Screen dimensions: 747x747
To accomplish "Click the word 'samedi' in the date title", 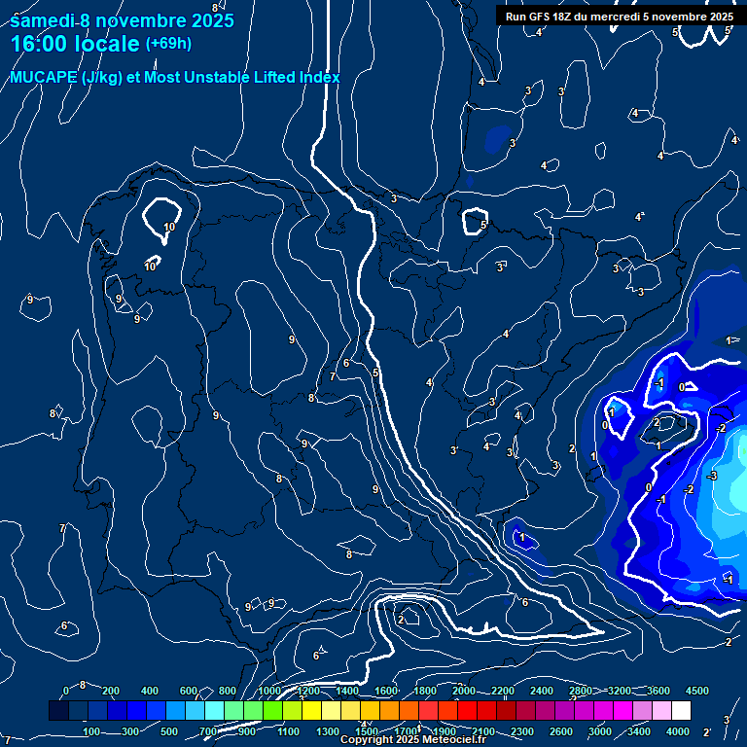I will click(x=42, y=20).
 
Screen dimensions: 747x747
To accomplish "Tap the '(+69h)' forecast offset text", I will click(x=168, y=44).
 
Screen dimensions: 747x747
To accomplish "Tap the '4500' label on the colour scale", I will click(x=697, y=691).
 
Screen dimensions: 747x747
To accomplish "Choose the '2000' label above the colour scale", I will click(x=464, y=691).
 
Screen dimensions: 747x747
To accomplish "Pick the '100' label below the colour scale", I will click(x=92, y=731).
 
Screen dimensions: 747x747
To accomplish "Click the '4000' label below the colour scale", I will click(x=678, y=731).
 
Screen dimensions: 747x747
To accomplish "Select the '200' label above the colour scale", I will click(x=111, y=691).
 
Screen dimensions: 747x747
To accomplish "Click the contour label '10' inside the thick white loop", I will click(x=169, y=227).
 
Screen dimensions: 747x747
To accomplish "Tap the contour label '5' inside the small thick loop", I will click(x=482, y=225).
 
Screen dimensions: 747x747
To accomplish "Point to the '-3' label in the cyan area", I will click(x=712, y=476).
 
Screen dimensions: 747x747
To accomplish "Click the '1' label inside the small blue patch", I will click(x=522, y=537).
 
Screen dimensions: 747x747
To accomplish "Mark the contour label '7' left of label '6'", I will click(x=333, y=376).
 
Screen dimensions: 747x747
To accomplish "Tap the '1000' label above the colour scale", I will click(x=269, y=691).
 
